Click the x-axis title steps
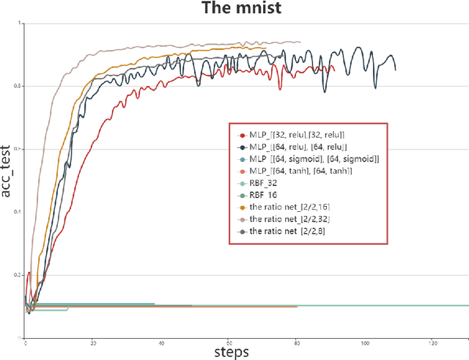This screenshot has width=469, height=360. pos(231,352)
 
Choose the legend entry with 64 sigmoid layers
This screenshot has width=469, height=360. pos(303,159)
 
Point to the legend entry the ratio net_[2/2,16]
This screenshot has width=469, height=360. pos(289,207)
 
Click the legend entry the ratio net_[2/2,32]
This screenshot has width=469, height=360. pos(289,219)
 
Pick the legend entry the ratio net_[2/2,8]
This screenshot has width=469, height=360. pos(288,232)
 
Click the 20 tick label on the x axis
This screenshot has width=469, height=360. pos(93,342)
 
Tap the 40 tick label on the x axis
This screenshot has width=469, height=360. pos(161,342)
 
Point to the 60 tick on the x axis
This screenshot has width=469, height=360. pos(229,342)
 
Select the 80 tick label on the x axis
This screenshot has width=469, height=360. pos(297,342)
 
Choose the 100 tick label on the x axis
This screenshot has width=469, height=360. pos(365,342)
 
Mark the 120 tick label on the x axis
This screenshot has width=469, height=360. pos(432,342)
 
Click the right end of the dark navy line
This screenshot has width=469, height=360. pos(396,70)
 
